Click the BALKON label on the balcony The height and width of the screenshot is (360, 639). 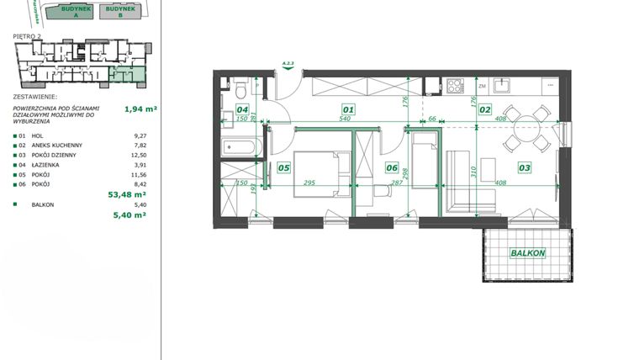[x=527, y=253]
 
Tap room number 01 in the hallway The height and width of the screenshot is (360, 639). [x=348, y=109]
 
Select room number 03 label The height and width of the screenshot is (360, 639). [x=524, y=168]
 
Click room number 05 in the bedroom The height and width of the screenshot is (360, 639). [x=283, y=168]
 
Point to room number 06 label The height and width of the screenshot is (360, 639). [x=392, y=168]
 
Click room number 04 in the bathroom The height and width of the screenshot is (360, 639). [x=242, y=109]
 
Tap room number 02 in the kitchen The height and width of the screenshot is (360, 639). [x=485, y=109]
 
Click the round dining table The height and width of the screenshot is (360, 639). [x=525, y=130]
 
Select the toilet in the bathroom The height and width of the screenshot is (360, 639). [x=241, y=87]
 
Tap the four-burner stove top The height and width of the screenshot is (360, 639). [x=455, y=85]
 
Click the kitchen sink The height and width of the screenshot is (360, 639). [x=502, y=85]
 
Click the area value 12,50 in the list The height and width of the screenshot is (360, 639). [x=139, y=155]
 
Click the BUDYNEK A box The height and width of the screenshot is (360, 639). [x=67, y=10]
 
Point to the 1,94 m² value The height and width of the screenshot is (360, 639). [x=141, y=109]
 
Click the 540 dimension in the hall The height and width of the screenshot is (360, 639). [x=344, y=119]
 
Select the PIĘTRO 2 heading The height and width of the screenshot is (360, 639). [x=28, y=36]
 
